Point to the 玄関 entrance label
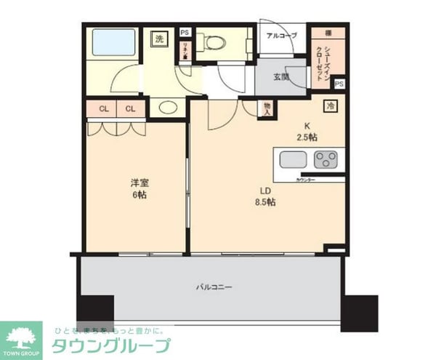[282, 76]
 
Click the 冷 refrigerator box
[331, 105]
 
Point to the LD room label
[265, 191]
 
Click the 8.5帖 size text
[266, 202]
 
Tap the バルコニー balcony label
[214, 287]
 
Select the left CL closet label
[105, 109]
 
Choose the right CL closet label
[129, 109]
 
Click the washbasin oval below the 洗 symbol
[166, 108]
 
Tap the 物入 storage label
[267, 108]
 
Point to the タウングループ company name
[110, 345]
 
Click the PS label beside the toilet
[185, 32]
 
